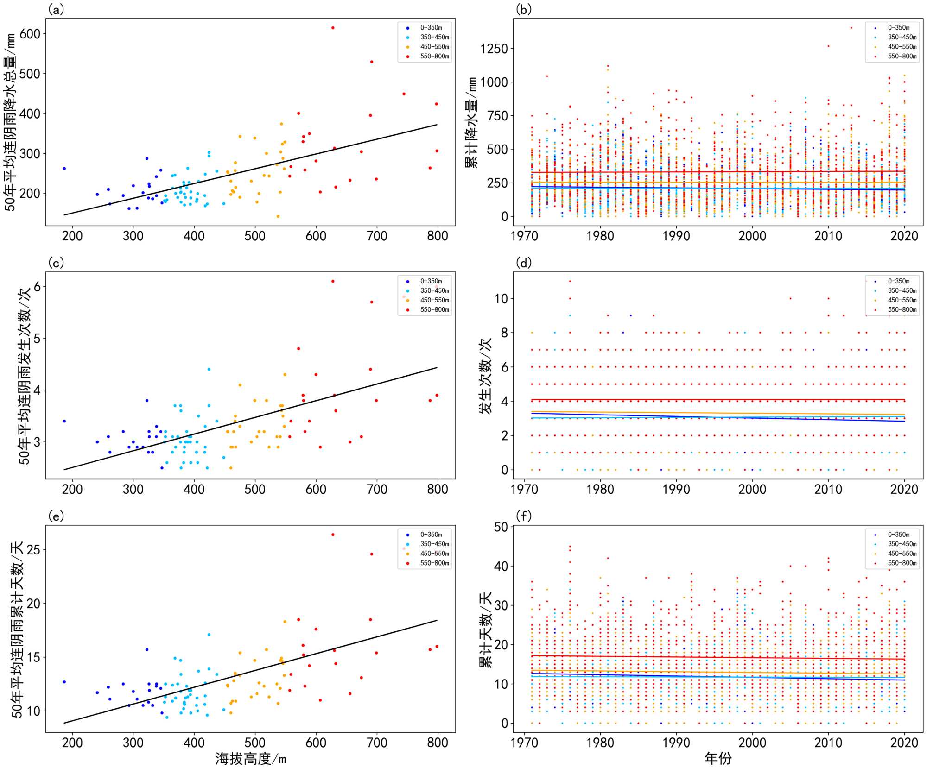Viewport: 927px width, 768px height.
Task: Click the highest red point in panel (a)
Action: [x=333, y=28]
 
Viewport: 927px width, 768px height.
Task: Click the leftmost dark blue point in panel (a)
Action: [x=64, y=168]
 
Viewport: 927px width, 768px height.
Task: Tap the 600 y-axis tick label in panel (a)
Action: [x=30, y=34]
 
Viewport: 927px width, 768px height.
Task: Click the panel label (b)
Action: [x=523, y=10]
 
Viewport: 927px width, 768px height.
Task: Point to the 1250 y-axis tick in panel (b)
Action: [x=494, y=49]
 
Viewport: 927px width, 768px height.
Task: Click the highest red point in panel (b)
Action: [x=851, y=28]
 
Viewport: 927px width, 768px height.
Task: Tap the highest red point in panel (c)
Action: [x=333, y=281]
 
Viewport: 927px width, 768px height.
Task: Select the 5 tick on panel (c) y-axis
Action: [x=37, y=339]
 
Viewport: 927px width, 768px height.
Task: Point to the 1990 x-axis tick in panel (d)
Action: [x=676, y=490]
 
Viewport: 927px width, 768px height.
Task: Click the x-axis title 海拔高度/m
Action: [x=250, y=759]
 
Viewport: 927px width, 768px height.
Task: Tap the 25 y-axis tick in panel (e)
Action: [x=33, y=550]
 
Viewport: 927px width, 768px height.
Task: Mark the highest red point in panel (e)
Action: [x=333, y=535]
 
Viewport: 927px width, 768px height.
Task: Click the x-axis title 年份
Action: [x=717, y=759]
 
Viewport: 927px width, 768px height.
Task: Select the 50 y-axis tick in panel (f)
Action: [x=501, y=527]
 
